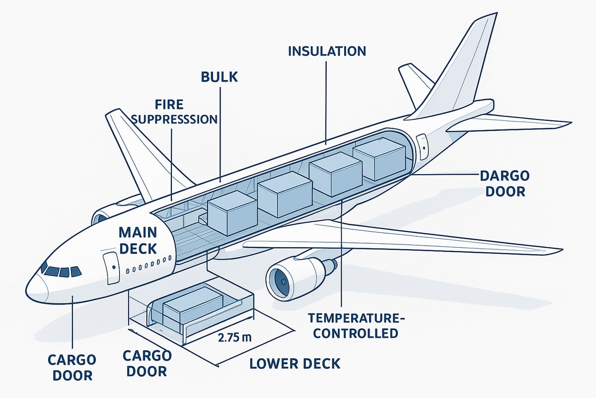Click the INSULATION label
[326, 51]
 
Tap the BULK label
[220, 77]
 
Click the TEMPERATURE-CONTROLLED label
[353, 325]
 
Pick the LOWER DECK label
[295, 363]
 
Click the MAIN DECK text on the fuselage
[138, 240]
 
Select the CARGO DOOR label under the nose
[73, 367]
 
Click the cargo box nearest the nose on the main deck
[232, 212]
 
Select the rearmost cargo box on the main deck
[379, 159]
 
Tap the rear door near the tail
[422, 144]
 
